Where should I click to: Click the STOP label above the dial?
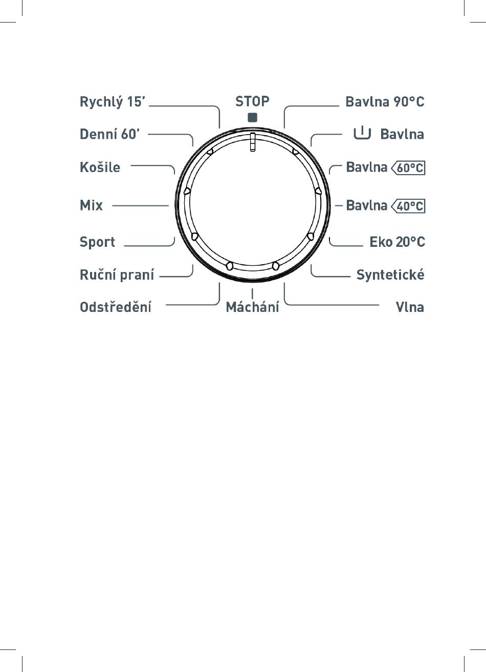(x=252, y=101)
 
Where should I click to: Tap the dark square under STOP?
(x=252, y=117)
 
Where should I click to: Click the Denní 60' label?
(x=109, y=134)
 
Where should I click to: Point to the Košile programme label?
(x=100, y=167)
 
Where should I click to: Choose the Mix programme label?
(x=91, y=205)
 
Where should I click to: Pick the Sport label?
(x=97, y=242)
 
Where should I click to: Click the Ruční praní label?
(x=117, y=275)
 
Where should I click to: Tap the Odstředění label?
(x=115, y=307)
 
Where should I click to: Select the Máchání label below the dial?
(x=252, y=307)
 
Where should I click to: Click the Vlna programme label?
(x=410, y=307)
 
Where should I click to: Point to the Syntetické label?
(x=390, y=275)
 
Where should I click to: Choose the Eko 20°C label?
(x=397, y=242)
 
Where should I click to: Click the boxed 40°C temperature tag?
(x=408, y=206)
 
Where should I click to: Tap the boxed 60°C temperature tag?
(x=408, y=167)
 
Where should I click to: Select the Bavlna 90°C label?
(x=385, y=102)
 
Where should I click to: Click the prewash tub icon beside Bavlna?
(x=362, y=134)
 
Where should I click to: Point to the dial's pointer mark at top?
(x=252, y=142)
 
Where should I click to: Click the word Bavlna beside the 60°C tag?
(x=366, y=167)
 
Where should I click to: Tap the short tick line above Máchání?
(x=252, y=294)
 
